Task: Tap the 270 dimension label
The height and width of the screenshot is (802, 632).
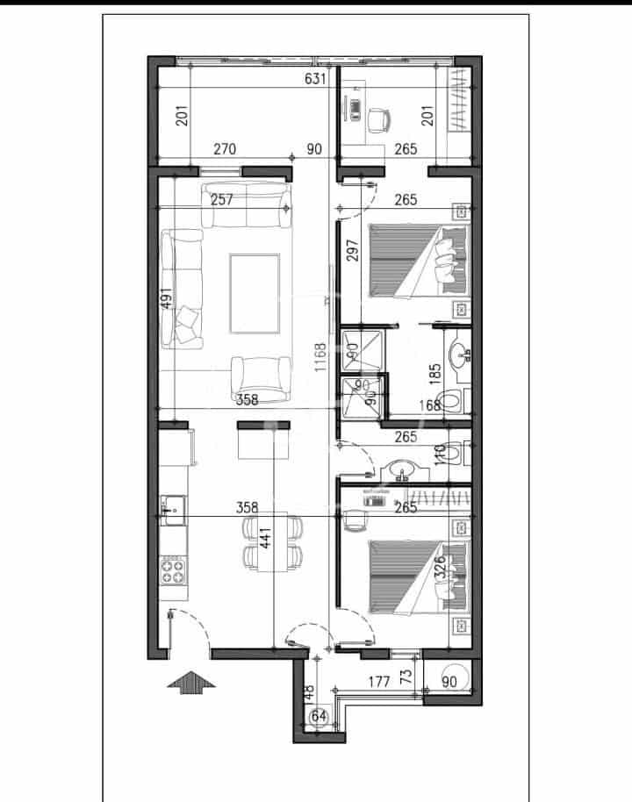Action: pos(225,149)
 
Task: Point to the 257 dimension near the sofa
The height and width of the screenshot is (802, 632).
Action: pos(222,200)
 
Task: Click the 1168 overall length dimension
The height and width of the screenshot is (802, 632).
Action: pos(320,358)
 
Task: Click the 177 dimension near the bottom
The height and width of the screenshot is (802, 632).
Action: pos(379,680)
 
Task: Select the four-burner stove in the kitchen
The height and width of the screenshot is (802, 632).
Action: pos(174,572)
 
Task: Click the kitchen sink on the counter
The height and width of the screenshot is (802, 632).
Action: pos(172,506)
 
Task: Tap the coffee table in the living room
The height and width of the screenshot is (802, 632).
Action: pos(255,293)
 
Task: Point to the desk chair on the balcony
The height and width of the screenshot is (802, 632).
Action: pos(379,119)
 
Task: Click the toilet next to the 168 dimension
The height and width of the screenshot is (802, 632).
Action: pos(450,402)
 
